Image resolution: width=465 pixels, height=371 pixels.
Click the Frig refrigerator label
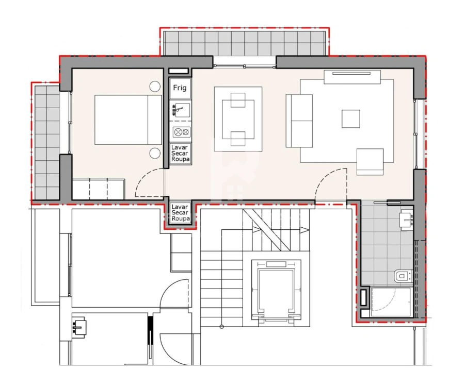click(x=180, y=88)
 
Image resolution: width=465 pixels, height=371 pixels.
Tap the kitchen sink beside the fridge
click(x=180, y=110)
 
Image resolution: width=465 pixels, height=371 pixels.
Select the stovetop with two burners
click(x=181, y=132)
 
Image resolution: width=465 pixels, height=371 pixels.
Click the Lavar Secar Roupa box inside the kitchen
click(x=181, y=154)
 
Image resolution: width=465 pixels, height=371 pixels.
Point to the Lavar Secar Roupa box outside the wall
click(x=181, y=212)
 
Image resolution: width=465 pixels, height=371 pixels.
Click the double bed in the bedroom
click(x=128, y=119)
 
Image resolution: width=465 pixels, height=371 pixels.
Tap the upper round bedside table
click(x=155, y=87)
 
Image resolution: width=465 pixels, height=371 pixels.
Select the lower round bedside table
click(x=155, y=153)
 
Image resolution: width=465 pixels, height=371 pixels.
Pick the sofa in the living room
click(x=299, y=121)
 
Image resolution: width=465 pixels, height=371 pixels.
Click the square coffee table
click(x=351, y=119)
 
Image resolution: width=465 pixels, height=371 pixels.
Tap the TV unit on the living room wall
click(x=352, y=76)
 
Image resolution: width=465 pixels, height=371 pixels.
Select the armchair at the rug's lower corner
click(x=370, y=161)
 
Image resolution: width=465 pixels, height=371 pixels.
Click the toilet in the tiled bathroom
click(x=402, y=277)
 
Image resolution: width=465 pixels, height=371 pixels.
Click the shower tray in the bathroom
click(x=391, y=301)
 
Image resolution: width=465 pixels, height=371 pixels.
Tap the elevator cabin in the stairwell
click(x=276, y=291)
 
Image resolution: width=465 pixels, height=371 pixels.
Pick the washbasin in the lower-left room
click(x=79, y=326)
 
